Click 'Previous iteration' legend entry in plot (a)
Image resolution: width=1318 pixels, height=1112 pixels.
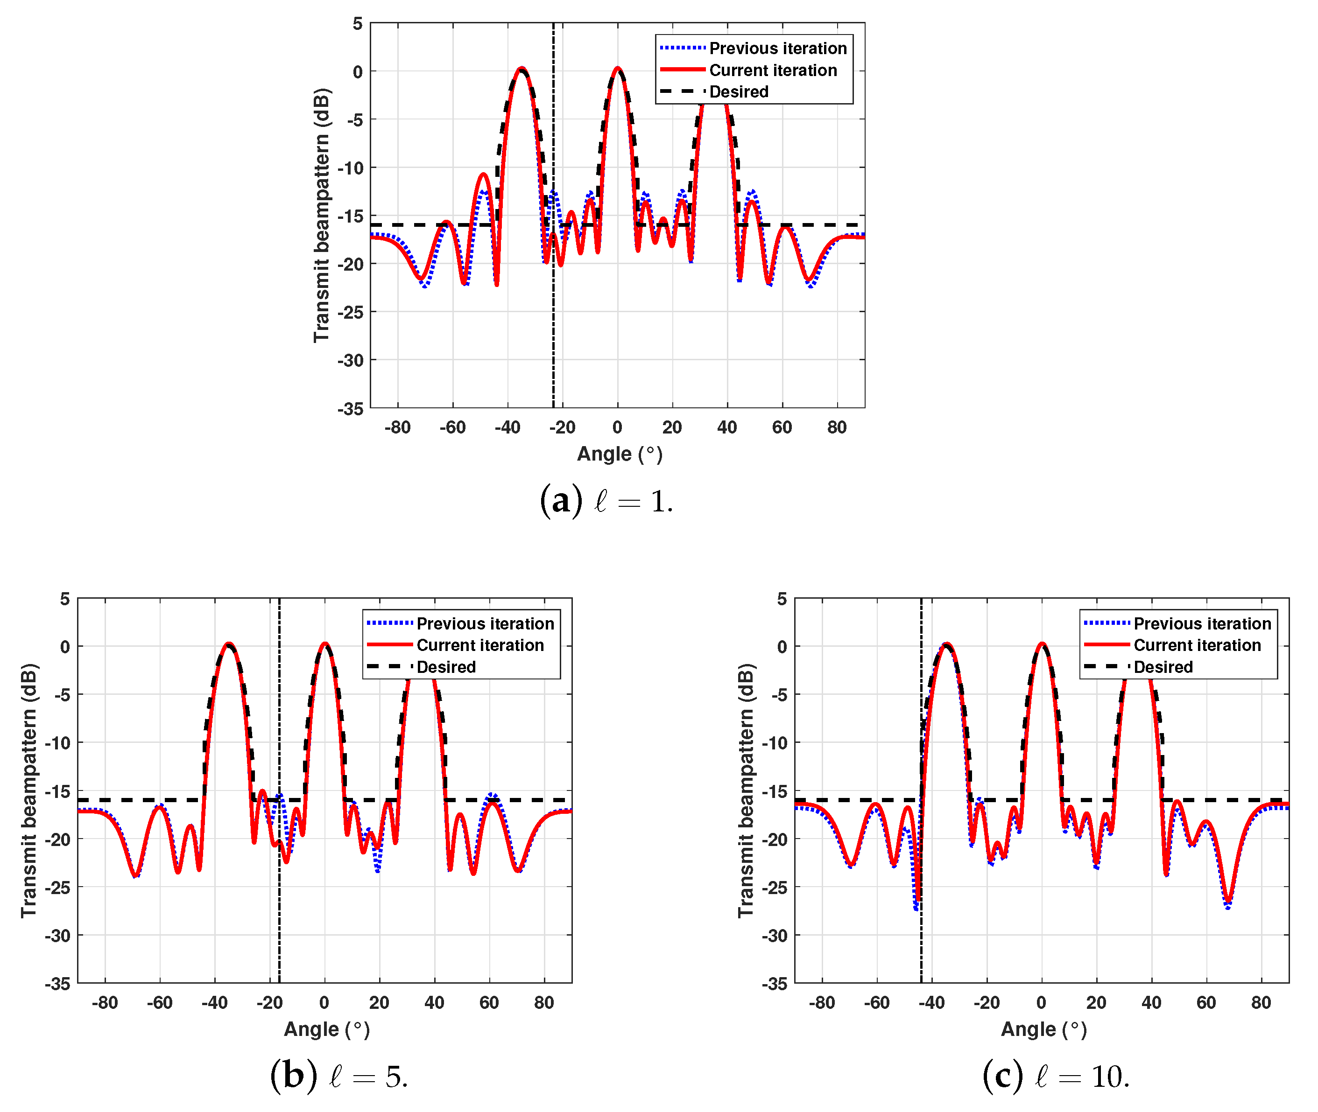point(777,49)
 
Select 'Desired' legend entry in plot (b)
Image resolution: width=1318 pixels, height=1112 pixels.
point(446,667)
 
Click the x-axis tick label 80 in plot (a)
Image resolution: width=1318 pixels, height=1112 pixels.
point(836,427)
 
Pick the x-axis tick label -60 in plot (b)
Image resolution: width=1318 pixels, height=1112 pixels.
point(160,1002)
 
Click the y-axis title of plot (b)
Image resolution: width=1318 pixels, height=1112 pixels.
point(29,790)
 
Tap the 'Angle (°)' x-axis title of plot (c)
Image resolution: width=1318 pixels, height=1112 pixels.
point(1043,1029)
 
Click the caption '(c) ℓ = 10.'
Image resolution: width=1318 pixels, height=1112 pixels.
point(1055,1077)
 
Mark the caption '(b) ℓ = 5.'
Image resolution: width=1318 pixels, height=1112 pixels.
point(338,1077)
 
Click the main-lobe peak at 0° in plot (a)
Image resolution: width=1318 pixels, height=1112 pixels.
point(617,68)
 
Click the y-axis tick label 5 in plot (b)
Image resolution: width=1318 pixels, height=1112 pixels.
point(65,599)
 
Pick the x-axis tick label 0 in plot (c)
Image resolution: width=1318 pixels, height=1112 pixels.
point(1041,1002)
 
